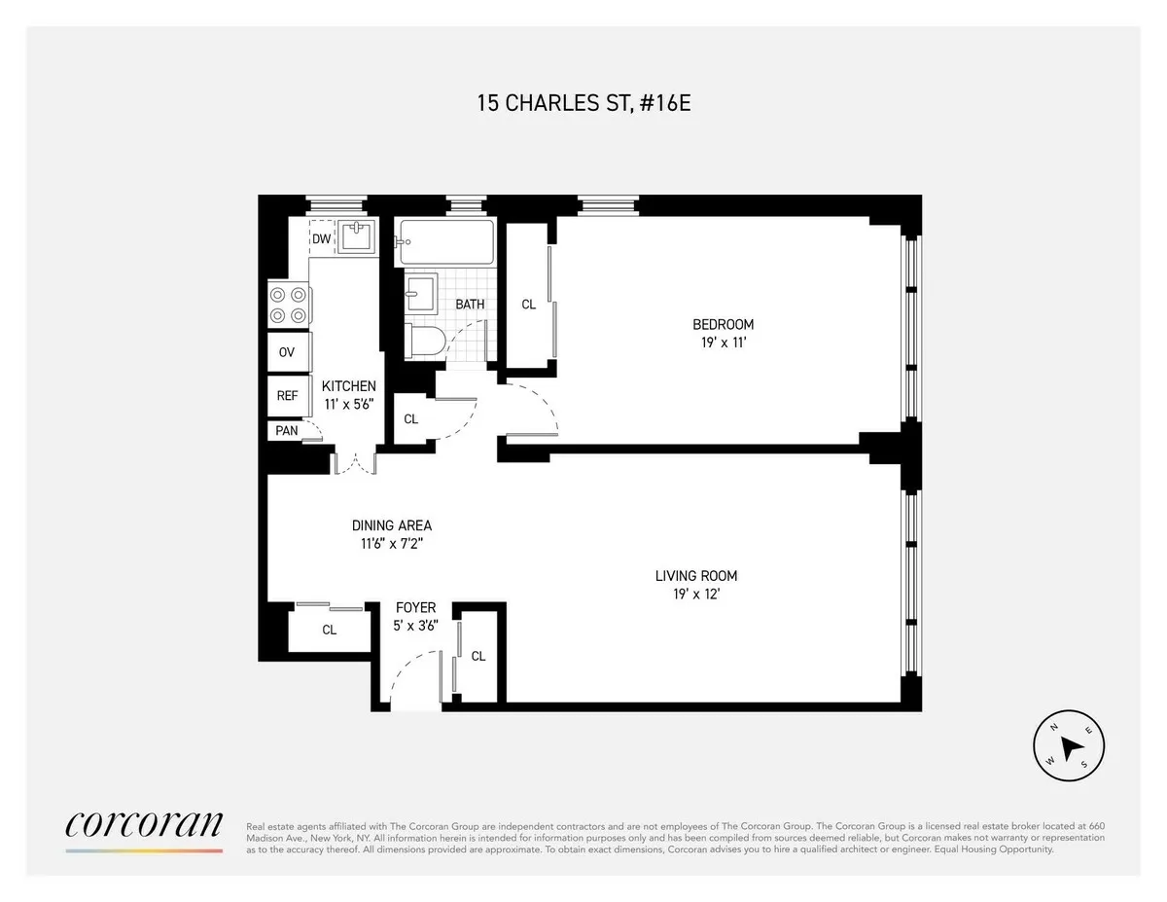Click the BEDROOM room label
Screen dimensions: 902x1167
click(723, 324)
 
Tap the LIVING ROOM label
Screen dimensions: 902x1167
click(695, 576)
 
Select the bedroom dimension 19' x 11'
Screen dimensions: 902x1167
click(723, 343)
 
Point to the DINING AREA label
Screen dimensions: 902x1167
click(392, 525)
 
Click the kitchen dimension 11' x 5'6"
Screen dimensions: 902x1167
click(348, 404)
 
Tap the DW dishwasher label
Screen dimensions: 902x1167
click(321, 239)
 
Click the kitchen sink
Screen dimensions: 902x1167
click(358, 237)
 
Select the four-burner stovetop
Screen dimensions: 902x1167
click(289, 304)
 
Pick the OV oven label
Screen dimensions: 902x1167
click(287, 352)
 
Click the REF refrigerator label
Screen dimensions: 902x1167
click(287, 396)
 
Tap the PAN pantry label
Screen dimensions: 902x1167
click(286, 430)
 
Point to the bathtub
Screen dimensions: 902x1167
click(446, 242)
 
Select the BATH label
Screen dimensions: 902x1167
click(470, 305)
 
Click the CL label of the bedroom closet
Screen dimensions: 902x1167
click(528, 305)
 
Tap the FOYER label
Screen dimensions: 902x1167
click(415, 608)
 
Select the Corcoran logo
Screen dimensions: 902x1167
click(144, 825)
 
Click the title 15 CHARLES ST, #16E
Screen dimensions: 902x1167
click(583, 103)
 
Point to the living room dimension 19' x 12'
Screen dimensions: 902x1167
click(695, 595)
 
